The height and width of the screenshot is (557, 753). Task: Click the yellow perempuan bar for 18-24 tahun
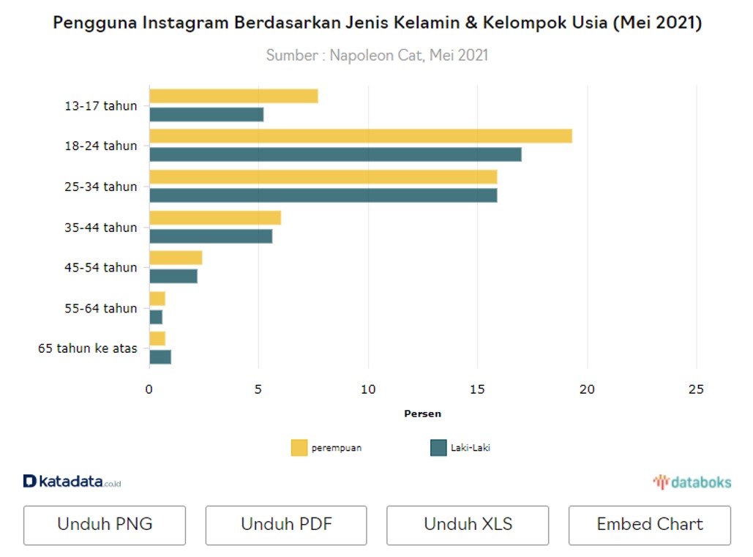[360, 136]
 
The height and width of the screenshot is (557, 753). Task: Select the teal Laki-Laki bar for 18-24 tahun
[335, 154]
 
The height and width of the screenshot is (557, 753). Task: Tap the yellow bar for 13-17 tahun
[233, 96]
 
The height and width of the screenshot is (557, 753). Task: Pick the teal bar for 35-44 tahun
[211, 236]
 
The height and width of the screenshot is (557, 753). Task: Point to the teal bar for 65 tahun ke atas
[160, 357]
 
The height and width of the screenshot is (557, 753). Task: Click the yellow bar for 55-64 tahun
[157, 299]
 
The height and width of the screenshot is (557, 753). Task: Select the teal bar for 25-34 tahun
[323, 195]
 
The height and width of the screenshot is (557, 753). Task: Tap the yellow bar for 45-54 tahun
[176, 258]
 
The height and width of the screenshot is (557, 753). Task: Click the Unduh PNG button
[105, 525]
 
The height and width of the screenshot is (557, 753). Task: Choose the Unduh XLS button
[468, 525]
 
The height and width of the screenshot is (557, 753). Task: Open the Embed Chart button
[649, 525]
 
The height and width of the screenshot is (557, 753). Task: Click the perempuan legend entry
[326, 448]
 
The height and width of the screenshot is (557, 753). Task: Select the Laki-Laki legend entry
[460, 448]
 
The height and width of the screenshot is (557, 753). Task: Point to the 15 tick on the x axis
[477, 389]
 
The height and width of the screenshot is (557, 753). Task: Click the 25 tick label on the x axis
[696, 389]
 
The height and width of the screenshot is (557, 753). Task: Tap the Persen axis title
[422, 414]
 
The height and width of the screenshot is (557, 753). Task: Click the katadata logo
[72, 482]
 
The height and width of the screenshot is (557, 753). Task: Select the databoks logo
[692, 482]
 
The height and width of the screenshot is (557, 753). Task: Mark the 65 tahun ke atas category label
[88, 348]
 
